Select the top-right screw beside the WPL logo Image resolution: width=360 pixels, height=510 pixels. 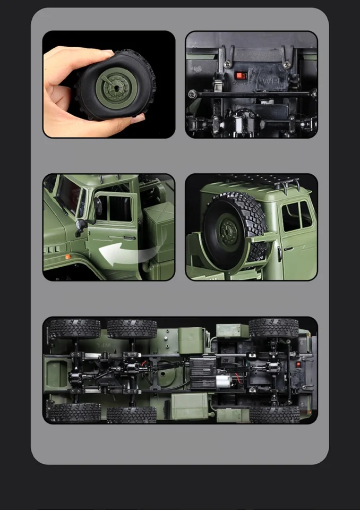tap(287, 64)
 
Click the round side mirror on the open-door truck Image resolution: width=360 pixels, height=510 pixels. tap(80, 226)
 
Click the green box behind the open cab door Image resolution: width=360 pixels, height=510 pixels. tap(158, 219)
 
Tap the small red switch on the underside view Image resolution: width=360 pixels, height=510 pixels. tap(299, 365)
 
